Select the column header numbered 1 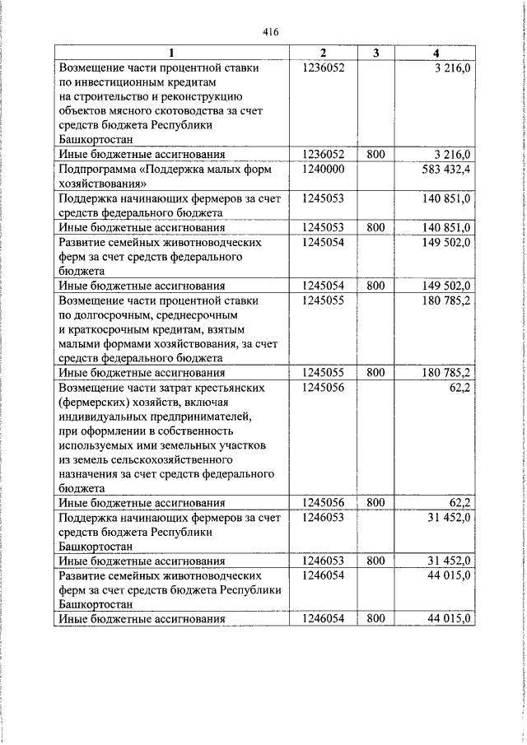click(x=172, y=54)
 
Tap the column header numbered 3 click(x=375, y=54)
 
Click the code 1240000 click(x=322, y=168)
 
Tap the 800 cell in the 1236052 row click(x=375, y=154)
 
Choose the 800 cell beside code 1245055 click(x=375, y=372)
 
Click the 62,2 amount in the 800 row click(x=459, y=501)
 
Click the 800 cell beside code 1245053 click(x=375, y=227)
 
